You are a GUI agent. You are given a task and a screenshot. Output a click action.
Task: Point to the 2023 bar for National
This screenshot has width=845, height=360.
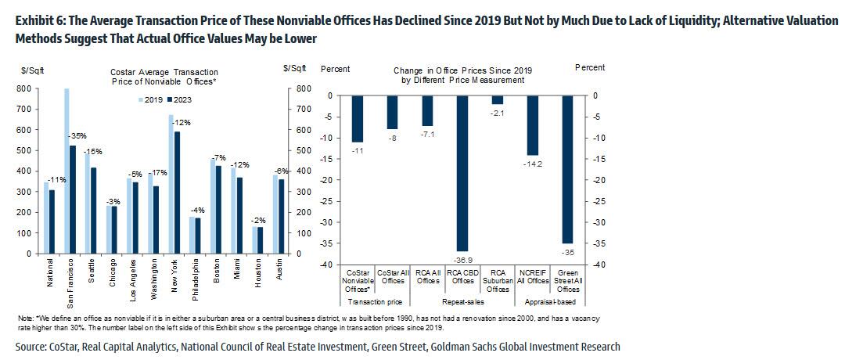click(52, 222)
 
